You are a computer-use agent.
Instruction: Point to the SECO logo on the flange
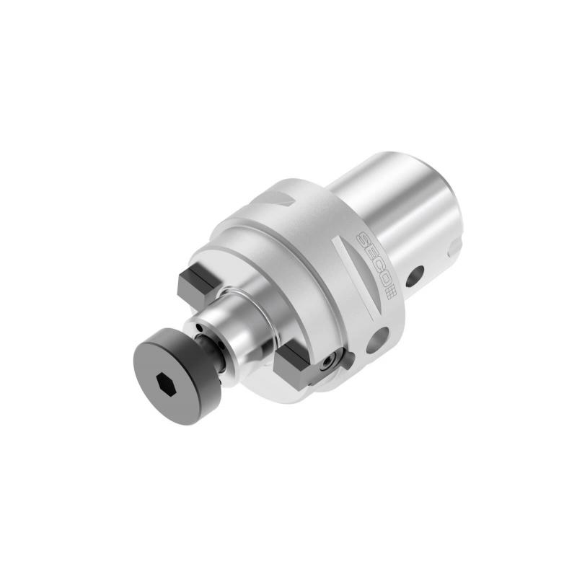[374, 265]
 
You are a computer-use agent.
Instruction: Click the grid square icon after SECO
[391, 294]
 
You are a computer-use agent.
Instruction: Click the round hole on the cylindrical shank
[415, 276]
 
